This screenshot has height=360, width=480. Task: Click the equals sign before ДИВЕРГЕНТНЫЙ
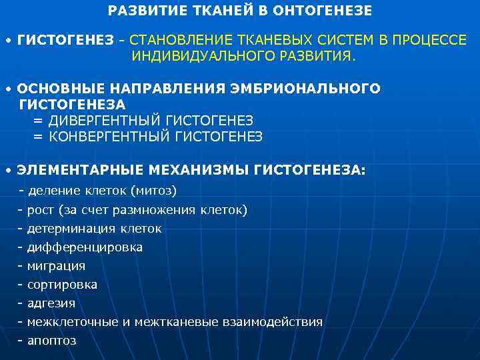(x=38, y=120)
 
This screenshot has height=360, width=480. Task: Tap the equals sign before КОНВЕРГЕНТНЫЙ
(x=38, y=136)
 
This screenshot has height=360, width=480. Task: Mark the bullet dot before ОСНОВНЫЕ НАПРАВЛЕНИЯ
(x=8, y=89)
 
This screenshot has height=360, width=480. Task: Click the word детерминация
(x=71, y=229)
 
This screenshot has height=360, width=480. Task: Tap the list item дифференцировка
(x=85, y=247)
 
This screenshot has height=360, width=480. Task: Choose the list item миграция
(x=56, y=266)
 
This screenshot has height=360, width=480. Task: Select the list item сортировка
(x=62, y=285)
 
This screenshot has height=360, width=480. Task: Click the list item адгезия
(x=51, y=303)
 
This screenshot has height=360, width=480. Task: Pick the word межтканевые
(x=175, y=322)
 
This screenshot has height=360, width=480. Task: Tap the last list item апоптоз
(x=51, y=341)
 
